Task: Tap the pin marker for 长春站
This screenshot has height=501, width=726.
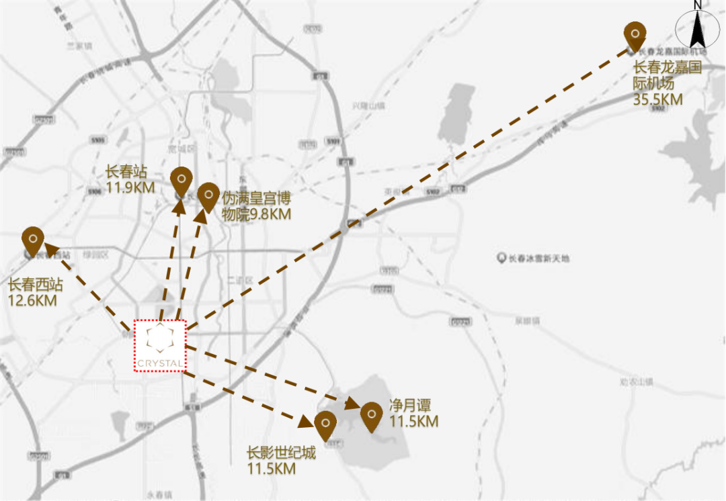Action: point(181,180)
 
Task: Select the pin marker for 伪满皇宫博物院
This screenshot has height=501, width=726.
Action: point(208,195)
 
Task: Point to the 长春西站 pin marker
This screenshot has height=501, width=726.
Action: point(33,240)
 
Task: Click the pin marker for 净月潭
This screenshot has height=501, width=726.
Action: point(372,415)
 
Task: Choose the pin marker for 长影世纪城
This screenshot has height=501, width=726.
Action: point(325,424)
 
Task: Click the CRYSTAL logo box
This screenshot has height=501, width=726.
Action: point(159,345)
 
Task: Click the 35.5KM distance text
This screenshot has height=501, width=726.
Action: point(657,99)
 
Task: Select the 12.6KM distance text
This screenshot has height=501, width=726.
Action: point(32,300)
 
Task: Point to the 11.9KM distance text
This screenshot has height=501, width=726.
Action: point(130,187)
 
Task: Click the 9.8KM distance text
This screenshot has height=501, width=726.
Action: point(270,215)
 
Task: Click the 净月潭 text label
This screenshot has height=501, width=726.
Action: point(410,406)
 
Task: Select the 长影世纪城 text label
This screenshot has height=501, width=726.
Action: point(281,453)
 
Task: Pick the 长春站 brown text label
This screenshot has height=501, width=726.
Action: point(126,172)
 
